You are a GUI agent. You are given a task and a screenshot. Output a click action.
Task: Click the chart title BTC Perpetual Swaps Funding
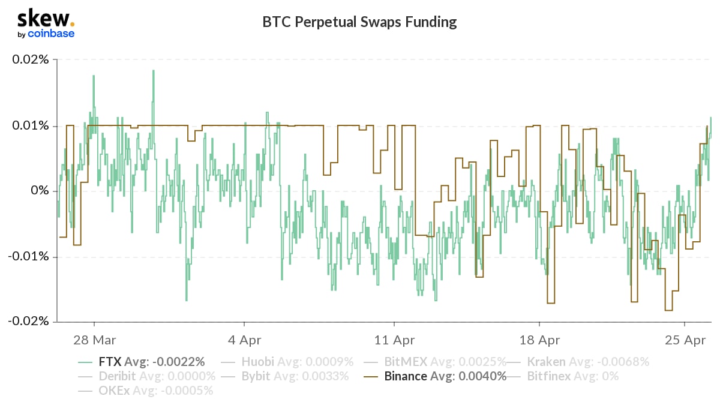point(359,22)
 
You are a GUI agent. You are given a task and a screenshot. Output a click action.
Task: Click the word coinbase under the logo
point(51,34)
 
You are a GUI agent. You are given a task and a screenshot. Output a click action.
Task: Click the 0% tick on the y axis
point(40,191)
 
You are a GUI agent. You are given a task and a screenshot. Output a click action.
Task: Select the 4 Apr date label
point(245,340)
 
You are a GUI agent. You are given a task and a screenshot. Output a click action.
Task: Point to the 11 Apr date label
point(394,340)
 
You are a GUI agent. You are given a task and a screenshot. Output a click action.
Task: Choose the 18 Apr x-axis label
point(539,340)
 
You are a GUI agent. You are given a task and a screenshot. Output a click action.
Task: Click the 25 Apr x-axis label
point(685,340)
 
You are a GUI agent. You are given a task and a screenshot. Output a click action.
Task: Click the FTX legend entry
point(142,362)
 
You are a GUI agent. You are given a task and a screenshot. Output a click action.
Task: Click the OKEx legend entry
point(146,391)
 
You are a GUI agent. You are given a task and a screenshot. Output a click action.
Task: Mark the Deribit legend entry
point(147,376)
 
